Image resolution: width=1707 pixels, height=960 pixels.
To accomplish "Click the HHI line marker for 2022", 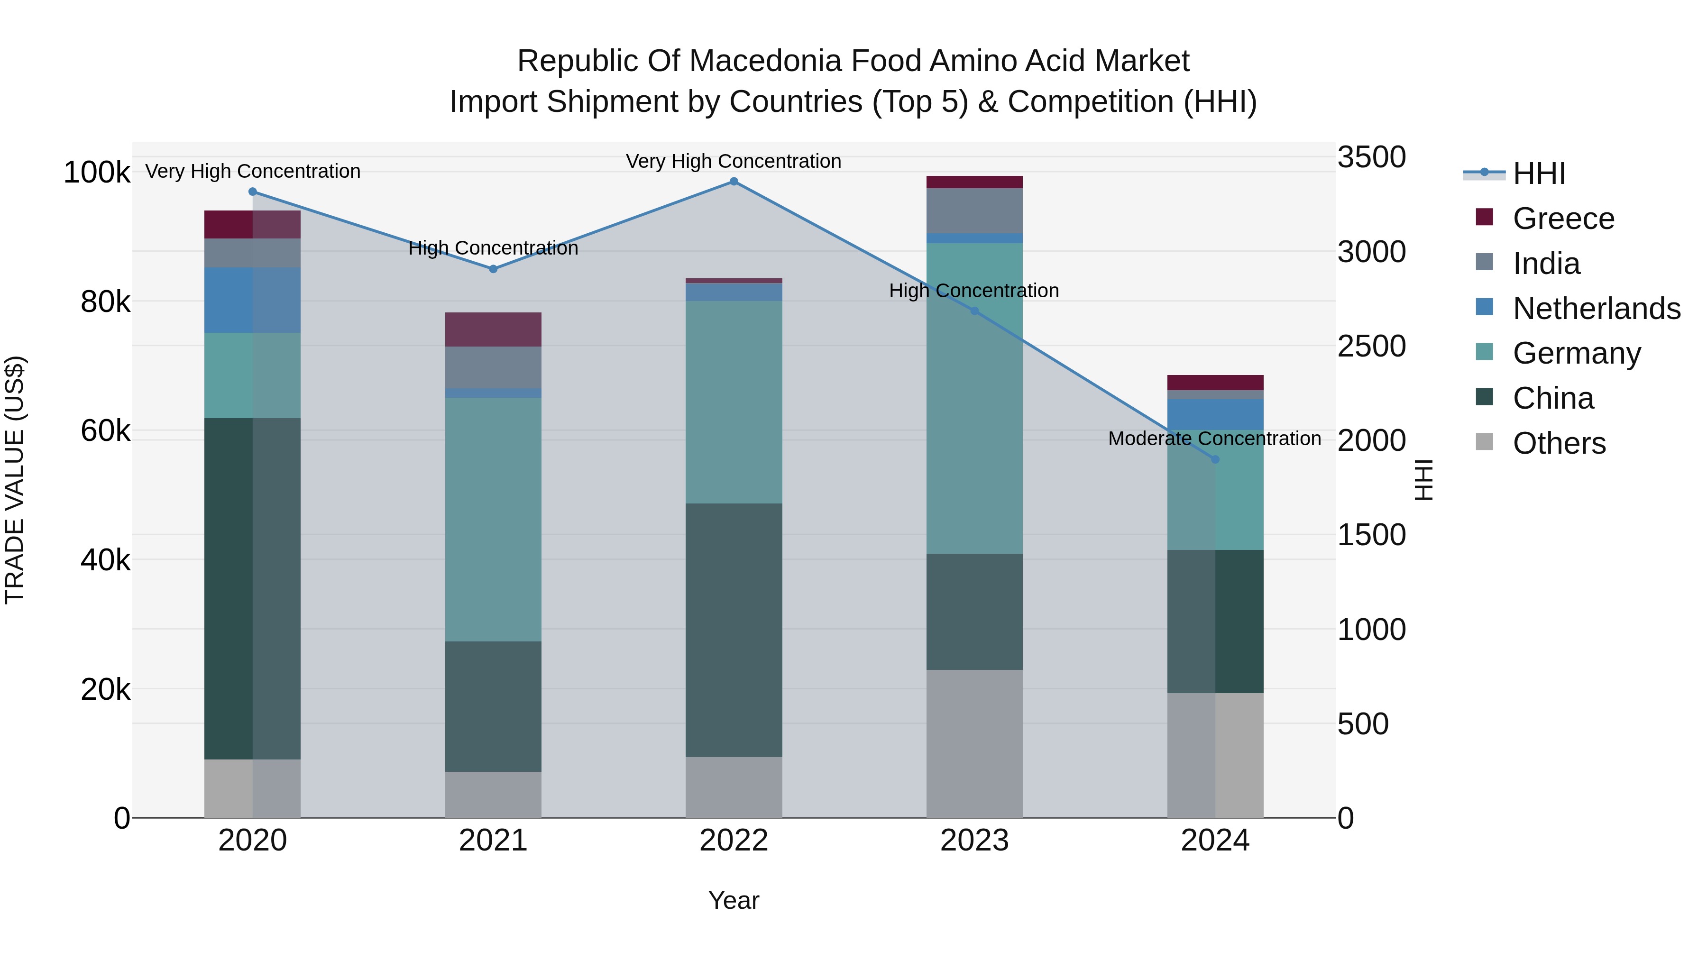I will pyautogui.click(x=734, y=182).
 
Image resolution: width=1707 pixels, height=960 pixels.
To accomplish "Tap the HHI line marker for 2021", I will pyautogui.click(x=493, y=269).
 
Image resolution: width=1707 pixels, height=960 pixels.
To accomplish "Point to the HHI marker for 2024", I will pyautogui.click(x=1215, y=459).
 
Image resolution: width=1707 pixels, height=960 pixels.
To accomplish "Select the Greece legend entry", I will pyautogui.click(x=1562, y=219).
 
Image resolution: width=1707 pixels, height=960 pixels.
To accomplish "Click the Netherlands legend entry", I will pyautogui.click(x=1596, y=309).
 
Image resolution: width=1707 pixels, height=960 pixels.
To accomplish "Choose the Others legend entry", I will pyautogui.click(x=1559, y=443).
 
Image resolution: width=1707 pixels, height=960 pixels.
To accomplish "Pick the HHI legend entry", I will pyautogui.click(x=1539, y=174).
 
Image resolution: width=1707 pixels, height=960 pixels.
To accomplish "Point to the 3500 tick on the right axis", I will pyautogui.click(x=1371, y=158).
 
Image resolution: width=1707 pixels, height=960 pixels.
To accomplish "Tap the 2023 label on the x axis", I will pyautogui.click(x=974, y=841).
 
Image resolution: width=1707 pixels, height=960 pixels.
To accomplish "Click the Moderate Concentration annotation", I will pyautogui.click(x=1214, y=439).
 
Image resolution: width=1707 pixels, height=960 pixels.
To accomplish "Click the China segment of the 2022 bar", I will pyautogui.click(x=734, y=630).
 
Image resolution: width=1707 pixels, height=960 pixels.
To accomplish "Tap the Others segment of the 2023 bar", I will pyautogui.click(x=974, y=743).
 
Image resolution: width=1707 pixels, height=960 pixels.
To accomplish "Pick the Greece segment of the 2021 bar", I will pyautogui.click(x=493, y=329).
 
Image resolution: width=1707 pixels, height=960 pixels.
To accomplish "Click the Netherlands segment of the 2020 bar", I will pyautogui.click(x=252, y=300).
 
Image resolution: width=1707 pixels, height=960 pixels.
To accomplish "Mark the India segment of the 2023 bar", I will pyautogui.click(x=974, y=210).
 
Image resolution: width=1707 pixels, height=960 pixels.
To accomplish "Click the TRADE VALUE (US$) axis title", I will pyautogui.click(x=15, y=480).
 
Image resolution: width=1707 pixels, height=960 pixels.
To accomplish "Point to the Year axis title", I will pyautogui.click(x=734, y=900).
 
